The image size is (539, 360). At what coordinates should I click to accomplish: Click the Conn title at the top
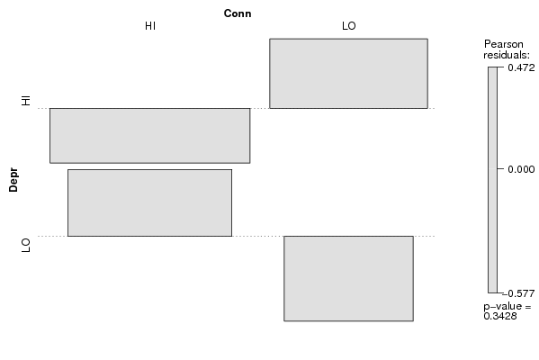(x=238, y=13)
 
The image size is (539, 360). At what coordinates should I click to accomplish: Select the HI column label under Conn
(x=150, y=26)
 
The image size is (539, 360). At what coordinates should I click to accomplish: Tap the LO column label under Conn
(x=349, y=26)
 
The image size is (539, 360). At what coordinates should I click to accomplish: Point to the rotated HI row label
(x=26, y=101)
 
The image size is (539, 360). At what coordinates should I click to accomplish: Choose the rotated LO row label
(x=26, y=245)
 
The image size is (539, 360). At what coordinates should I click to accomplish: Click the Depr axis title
(x=13, y=179)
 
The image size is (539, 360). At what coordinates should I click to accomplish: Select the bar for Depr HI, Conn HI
(x=150, y=136)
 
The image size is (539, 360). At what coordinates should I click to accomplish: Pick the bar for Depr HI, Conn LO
(x=348, y=74)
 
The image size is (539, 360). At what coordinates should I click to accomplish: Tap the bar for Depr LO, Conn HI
(x=150, y=202)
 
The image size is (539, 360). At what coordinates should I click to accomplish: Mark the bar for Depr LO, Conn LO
(x=348, y=278)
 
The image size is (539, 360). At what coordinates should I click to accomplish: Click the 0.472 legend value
(x=521, y=67)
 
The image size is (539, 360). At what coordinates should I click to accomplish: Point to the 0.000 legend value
(x=521, y=169)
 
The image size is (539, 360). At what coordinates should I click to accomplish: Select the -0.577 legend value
(x=519, y=293)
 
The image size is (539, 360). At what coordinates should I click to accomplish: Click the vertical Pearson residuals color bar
(x=492, y=180)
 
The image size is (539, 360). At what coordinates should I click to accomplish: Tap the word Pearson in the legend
(x=504, y=44)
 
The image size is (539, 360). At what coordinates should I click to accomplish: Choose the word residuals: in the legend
(x=507, y=55)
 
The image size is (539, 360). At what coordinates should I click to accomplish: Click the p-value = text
(x=508, y=306)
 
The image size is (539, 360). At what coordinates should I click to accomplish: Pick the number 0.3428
(x=500, y=316)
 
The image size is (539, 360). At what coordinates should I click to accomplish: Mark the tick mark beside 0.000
(x=499, y=169)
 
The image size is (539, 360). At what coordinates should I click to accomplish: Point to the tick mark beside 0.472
(x=499, y=67)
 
